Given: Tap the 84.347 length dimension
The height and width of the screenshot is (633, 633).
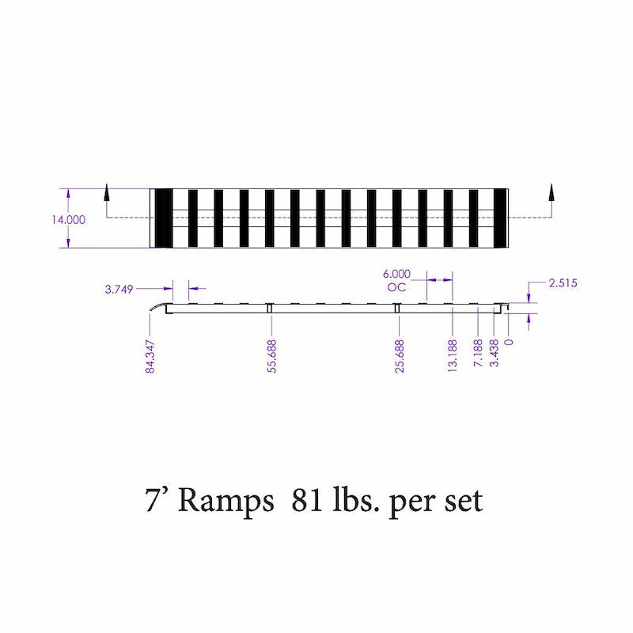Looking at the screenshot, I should tap(149, 356).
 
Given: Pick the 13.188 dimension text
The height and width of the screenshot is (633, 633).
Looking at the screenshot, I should tap(453, 356).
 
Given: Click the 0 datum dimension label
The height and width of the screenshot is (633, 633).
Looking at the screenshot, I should tap(509, 342).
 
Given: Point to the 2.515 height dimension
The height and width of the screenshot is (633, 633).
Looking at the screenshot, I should tap(563, 282).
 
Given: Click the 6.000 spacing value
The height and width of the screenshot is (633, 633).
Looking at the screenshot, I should tap(396, 273).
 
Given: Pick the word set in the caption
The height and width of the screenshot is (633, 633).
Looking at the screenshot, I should tap(461, 502).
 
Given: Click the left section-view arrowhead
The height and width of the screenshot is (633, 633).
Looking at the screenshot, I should tap(105, 191).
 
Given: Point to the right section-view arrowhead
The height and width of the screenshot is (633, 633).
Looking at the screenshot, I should tap(552, 191).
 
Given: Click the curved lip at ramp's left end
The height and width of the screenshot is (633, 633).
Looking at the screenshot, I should tap(161, 307).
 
